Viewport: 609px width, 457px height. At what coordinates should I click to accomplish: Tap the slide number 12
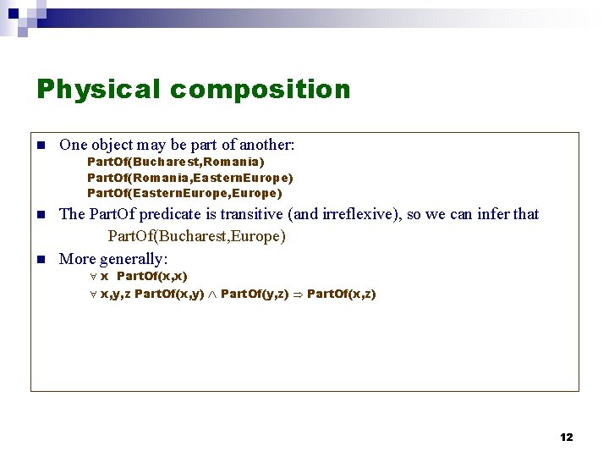566,437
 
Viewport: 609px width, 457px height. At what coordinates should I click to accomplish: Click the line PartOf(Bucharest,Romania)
175,162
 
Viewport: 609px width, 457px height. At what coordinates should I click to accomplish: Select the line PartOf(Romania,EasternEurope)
190,178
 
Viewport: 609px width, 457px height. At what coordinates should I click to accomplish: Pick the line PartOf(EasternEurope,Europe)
184,193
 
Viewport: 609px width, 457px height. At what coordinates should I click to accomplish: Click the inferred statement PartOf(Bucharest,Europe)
196,236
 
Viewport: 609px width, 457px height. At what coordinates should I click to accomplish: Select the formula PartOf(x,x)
151,276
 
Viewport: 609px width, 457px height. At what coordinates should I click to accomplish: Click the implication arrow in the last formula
298,295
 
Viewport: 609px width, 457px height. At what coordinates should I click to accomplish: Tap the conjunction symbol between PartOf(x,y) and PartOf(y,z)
212,295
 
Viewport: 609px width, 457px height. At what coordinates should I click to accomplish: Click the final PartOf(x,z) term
342,295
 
